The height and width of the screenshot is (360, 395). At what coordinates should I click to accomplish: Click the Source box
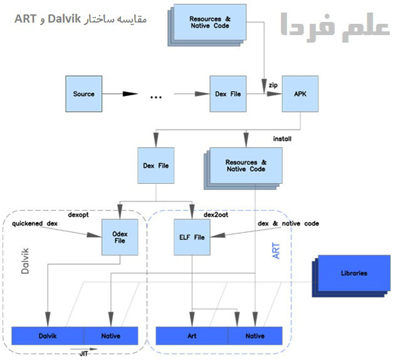[x=84, y=94]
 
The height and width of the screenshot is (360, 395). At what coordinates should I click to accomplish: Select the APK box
[x=300, y=94]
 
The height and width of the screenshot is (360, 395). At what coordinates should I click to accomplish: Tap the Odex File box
[x=120, y=237]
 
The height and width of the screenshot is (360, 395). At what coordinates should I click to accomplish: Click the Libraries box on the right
[x=354, y=273]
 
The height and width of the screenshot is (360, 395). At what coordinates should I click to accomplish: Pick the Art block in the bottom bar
[x=192, y=336]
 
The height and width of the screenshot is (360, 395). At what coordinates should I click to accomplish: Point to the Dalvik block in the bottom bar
[x=48, y=336]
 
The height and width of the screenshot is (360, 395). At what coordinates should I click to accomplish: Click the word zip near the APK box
[x=273, y=83]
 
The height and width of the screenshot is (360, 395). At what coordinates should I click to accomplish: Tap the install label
[x=282, y=137]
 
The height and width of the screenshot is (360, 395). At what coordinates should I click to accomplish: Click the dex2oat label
[x=215, y=214]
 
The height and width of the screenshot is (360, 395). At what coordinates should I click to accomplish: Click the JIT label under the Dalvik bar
[x=83, y=353]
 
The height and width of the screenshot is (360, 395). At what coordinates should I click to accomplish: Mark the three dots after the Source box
[x=156, y=96]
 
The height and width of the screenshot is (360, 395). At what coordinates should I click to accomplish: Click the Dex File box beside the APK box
[x=227, y=94]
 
